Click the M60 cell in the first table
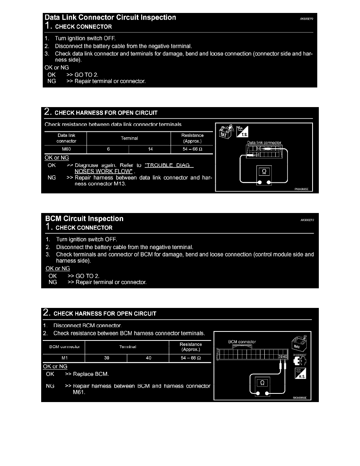65,149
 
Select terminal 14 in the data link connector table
149,149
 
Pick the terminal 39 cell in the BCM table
106,358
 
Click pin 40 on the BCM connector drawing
285,356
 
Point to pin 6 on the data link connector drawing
247,155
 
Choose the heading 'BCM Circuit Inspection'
84,219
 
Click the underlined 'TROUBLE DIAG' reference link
169,165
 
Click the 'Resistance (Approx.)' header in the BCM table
191,347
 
